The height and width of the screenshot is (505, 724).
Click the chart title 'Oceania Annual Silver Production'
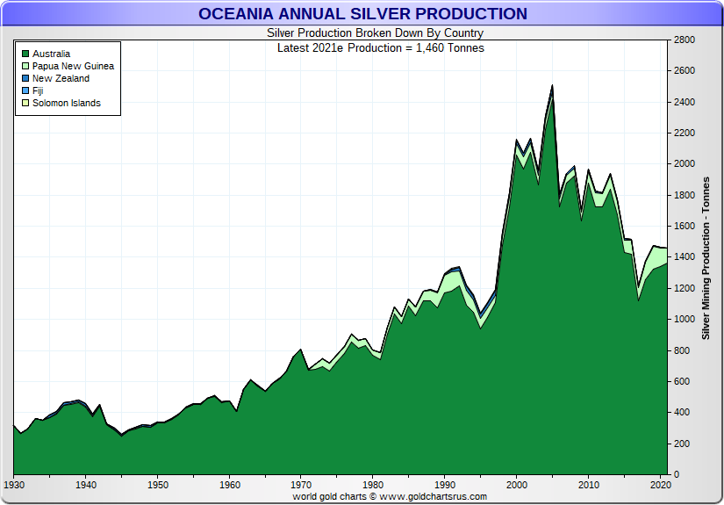[x=362, y=14]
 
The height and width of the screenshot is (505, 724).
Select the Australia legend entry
[x=51, y=54]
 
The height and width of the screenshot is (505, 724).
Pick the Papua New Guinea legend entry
[x=73, y=66]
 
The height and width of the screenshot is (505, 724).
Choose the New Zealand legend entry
[x=61, y=78]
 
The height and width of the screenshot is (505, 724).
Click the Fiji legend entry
[x=38, y=90]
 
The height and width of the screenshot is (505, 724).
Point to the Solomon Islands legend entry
[x=66, y=103]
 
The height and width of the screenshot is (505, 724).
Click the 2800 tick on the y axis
[x=684, y=40]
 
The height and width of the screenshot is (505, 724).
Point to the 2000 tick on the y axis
[x=684, y=164]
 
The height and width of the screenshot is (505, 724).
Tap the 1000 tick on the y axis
[x=684, y=320]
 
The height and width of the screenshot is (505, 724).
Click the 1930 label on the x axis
[x=14, y=484]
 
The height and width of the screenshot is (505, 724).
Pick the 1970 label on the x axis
[x=301, y=484]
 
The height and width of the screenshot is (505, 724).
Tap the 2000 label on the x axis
[x=517, y=484]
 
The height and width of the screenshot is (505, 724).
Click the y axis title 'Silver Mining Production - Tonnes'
[x=706, y=257]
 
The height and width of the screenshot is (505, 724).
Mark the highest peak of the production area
[x=552, y=86]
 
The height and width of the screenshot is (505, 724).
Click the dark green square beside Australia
[x=25, y=54]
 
